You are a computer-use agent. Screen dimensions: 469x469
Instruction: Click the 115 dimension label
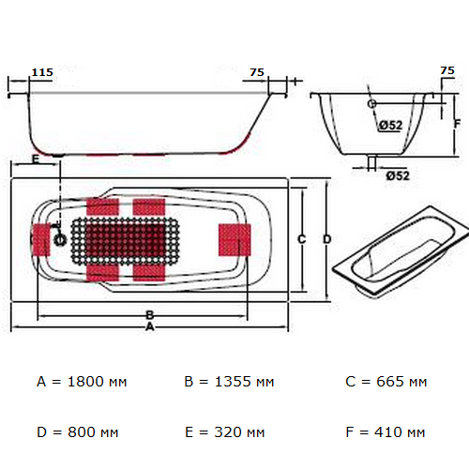point(41,72)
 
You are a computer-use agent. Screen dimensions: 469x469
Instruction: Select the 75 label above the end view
point(447,71)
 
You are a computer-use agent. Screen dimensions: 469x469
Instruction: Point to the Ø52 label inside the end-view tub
point(391,126)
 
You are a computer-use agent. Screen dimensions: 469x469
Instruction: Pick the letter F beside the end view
point(456,123)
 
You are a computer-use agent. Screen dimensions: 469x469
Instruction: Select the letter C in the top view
point(301,239)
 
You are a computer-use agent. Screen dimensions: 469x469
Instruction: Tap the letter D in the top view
point(326,239)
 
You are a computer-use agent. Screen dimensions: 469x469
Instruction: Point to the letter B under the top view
point(149,314)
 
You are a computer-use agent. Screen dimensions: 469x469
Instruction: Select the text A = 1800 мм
point(82,382)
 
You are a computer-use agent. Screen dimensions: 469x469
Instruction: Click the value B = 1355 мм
point(229,382)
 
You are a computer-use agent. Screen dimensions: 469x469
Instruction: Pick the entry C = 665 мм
point(386,382)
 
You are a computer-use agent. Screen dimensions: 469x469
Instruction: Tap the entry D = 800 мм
point(78,432)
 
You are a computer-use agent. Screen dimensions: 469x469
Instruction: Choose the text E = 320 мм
point(226,432)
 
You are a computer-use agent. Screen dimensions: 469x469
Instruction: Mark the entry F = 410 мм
point(386,432)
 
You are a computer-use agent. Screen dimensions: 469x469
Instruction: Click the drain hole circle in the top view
point(62,239)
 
